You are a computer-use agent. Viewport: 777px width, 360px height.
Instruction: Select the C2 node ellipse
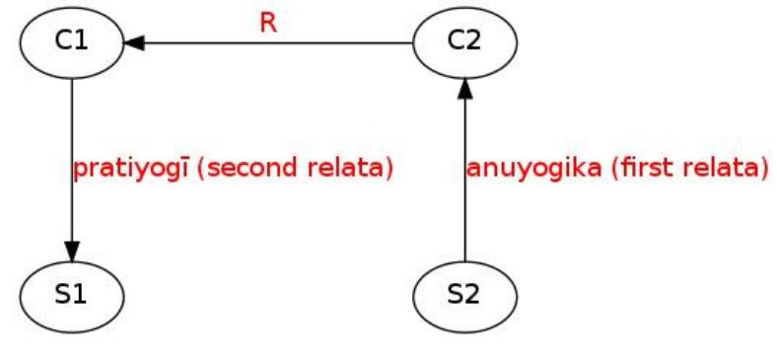[464, 44]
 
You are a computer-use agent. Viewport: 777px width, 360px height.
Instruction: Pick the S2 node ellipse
[464, 293]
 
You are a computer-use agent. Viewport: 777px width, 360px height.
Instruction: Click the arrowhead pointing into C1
[135, 43]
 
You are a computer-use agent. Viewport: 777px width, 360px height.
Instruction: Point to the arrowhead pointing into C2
[464, 86]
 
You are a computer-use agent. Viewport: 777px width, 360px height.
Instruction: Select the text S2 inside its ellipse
[464, 294]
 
